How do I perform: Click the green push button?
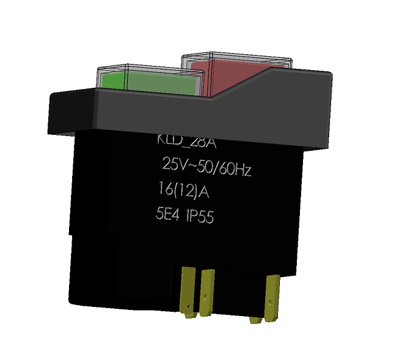coord(150,82)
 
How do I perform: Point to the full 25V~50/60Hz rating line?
coord(206,166)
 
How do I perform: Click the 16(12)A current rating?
coord(183,192)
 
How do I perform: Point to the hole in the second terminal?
coord(206,299)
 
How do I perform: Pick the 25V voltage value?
coord(173,165)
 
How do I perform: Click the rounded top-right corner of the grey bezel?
coord(329,77)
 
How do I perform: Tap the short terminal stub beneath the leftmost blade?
coord(190,315)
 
